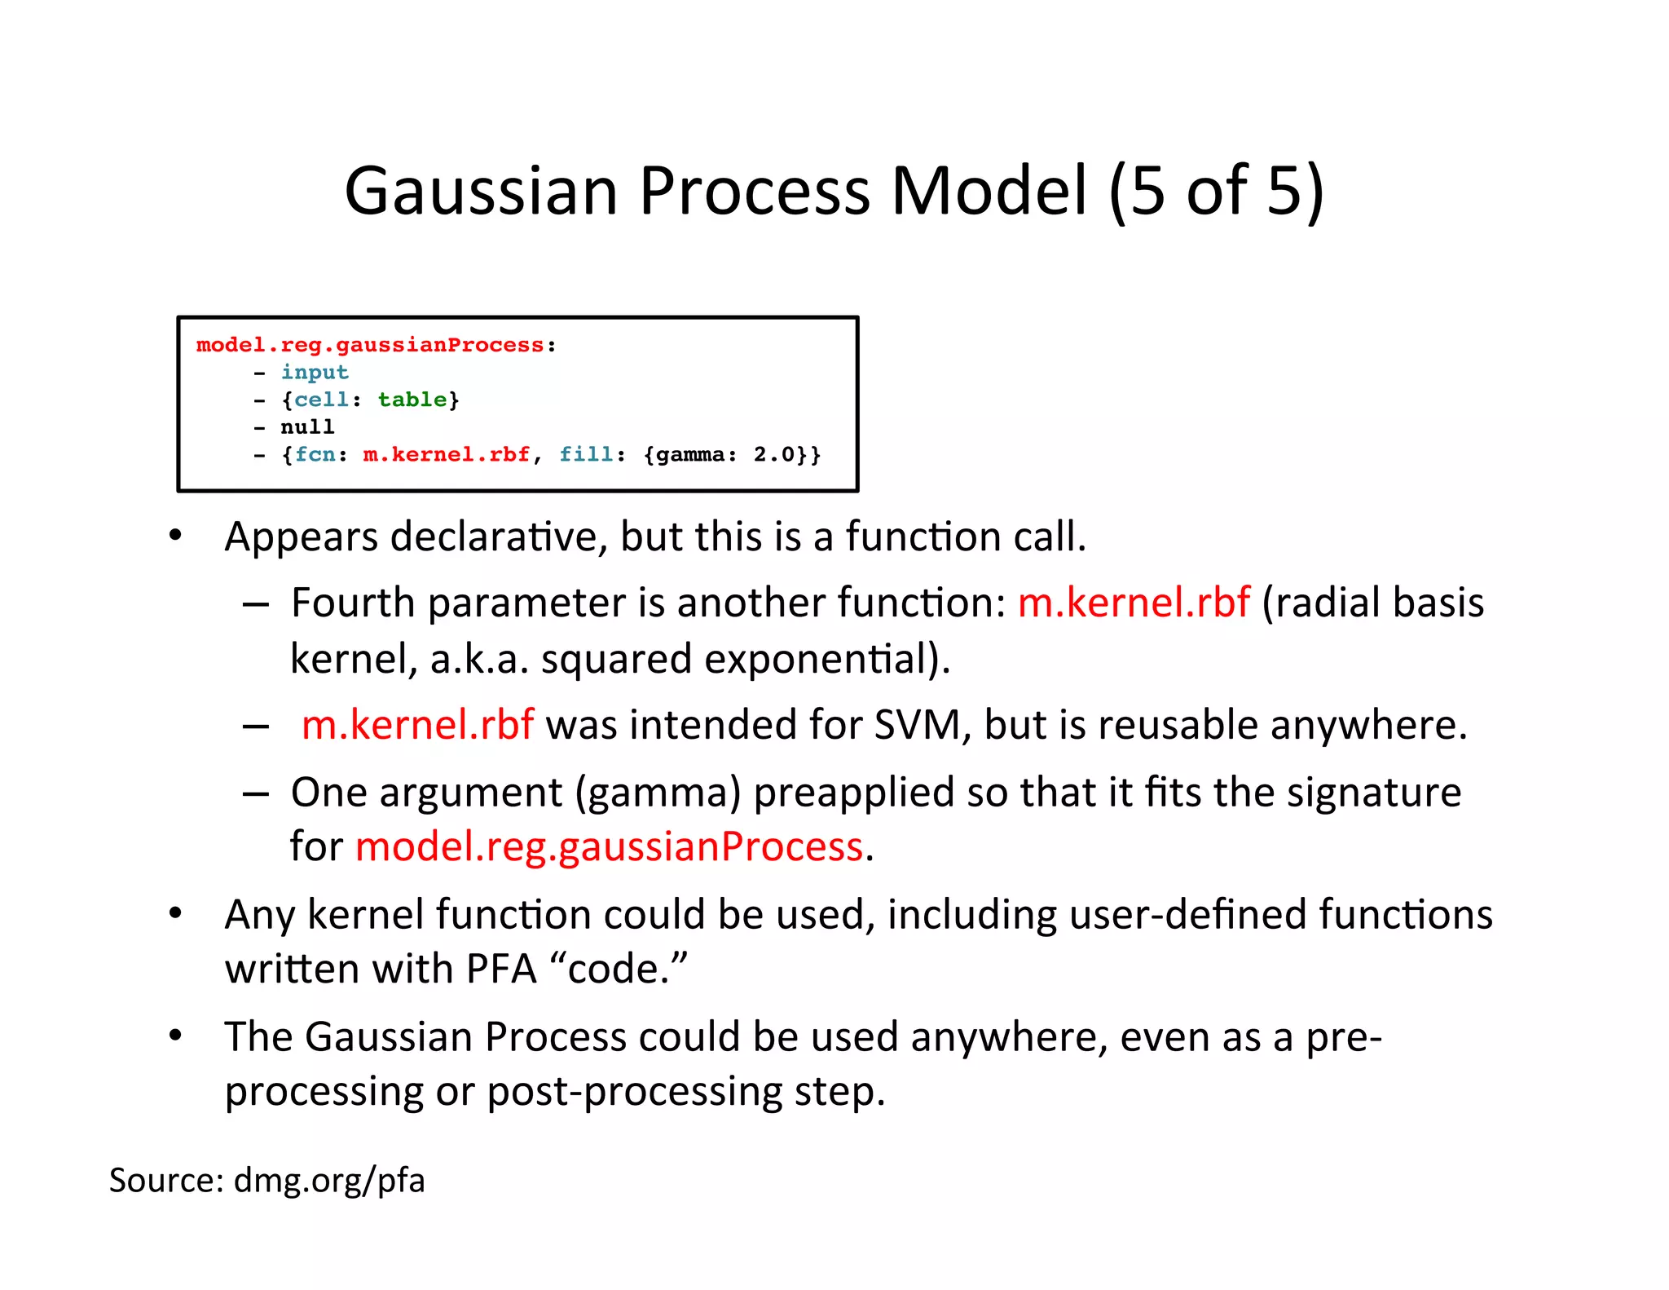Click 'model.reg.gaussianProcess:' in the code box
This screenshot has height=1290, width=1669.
tap(376, 345)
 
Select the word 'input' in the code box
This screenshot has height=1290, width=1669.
tap(315, 373)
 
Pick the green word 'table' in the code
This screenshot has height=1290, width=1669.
tap(412, 400)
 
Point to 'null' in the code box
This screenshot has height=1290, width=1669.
tap(307, 427)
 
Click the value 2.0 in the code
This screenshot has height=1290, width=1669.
tap(773, 454)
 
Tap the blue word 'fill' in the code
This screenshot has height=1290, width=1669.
tap(586, 454)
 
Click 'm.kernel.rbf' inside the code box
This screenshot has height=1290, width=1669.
tap(447, 454)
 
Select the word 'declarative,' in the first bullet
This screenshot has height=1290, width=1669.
tap(499, 537)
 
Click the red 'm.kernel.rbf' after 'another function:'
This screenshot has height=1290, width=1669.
tap(1133, 603)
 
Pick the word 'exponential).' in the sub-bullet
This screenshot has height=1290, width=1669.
tap(826, 659)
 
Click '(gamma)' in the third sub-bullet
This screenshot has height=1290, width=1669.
tap(658, 793)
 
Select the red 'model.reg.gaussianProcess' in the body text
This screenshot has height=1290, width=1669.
tap(609, 846)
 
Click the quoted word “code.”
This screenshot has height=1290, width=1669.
tap(619, 969)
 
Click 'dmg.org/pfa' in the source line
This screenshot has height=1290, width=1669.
tap(329, 1180)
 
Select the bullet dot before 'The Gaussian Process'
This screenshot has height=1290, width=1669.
tap(175, 1036)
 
